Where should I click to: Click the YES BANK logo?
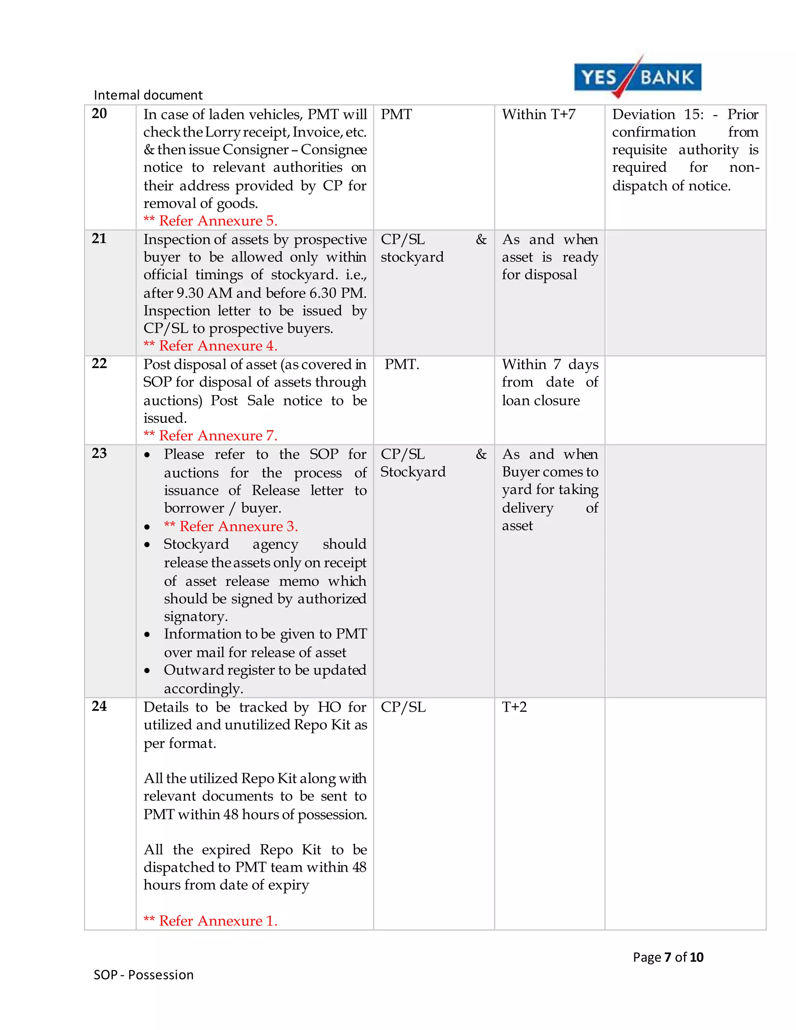tap(637, 77)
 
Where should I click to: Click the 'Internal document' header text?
tap(148, 95)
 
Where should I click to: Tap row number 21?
tap(99, 239)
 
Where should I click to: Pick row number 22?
tap(99, 364)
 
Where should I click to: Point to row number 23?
tap(99, 453)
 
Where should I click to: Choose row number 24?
tap(99, 707)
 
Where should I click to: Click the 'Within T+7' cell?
tap(539, 115)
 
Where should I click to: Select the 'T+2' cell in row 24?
tap(514, 707)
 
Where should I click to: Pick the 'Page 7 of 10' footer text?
tap(668, 957)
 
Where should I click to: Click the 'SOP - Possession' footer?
tap(144, 975)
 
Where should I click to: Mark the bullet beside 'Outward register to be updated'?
tap(148, 670)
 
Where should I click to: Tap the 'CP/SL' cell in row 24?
tap(403, 707)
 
